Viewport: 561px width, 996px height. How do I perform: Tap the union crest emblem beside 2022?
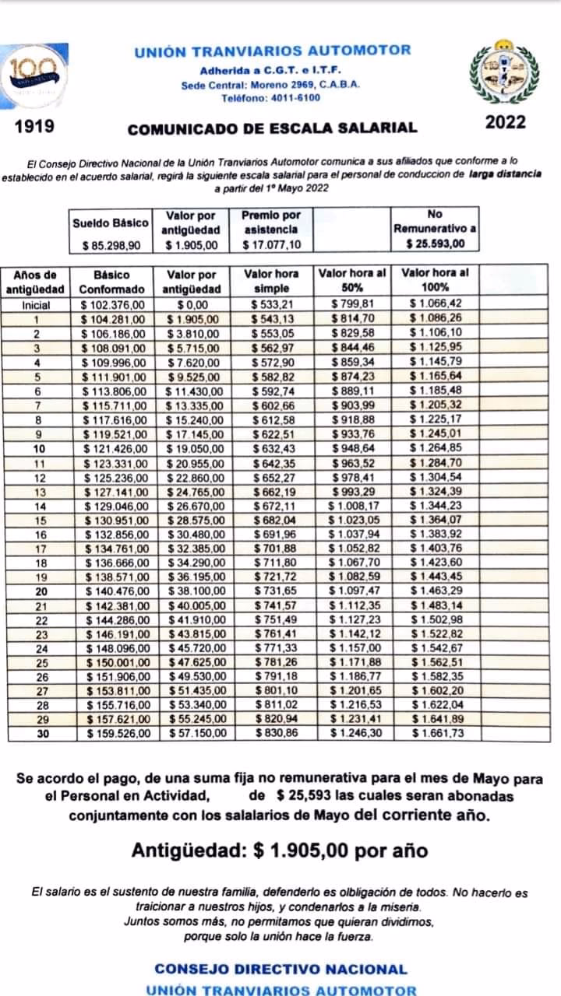tap(504, 72)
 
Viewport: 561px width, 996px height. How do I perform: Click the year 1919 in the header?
tap(34, 124)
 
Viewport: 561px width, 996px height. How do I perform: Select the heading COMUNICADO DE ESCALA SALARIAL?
tap(272, 128)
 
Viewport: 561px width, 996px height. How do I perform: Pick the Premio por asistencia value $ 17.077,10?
tap(270, 245)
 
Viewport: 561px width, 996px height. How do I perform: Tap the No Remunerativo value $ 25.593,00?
tap(436, 244)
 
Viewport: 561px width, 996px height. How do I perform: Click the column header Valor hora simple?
tap(270, 281)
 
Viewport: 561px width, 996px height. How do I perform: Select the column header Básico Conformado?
tap(111, 281)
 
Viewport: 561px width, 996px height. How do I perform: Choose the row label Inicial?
tap(37, 305)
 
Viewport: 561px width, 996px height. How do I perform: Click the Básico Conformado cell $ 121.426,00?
tap(114, 449)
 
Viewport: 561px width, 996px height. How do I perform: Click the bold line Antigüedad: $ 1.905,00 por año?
tap(279, 850)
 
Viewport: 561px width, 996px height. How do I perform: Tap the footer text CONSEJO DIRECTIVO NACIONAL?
tap(280, 970)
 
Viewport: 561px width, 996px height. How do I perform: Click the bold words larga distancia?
tap(504, 175)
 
